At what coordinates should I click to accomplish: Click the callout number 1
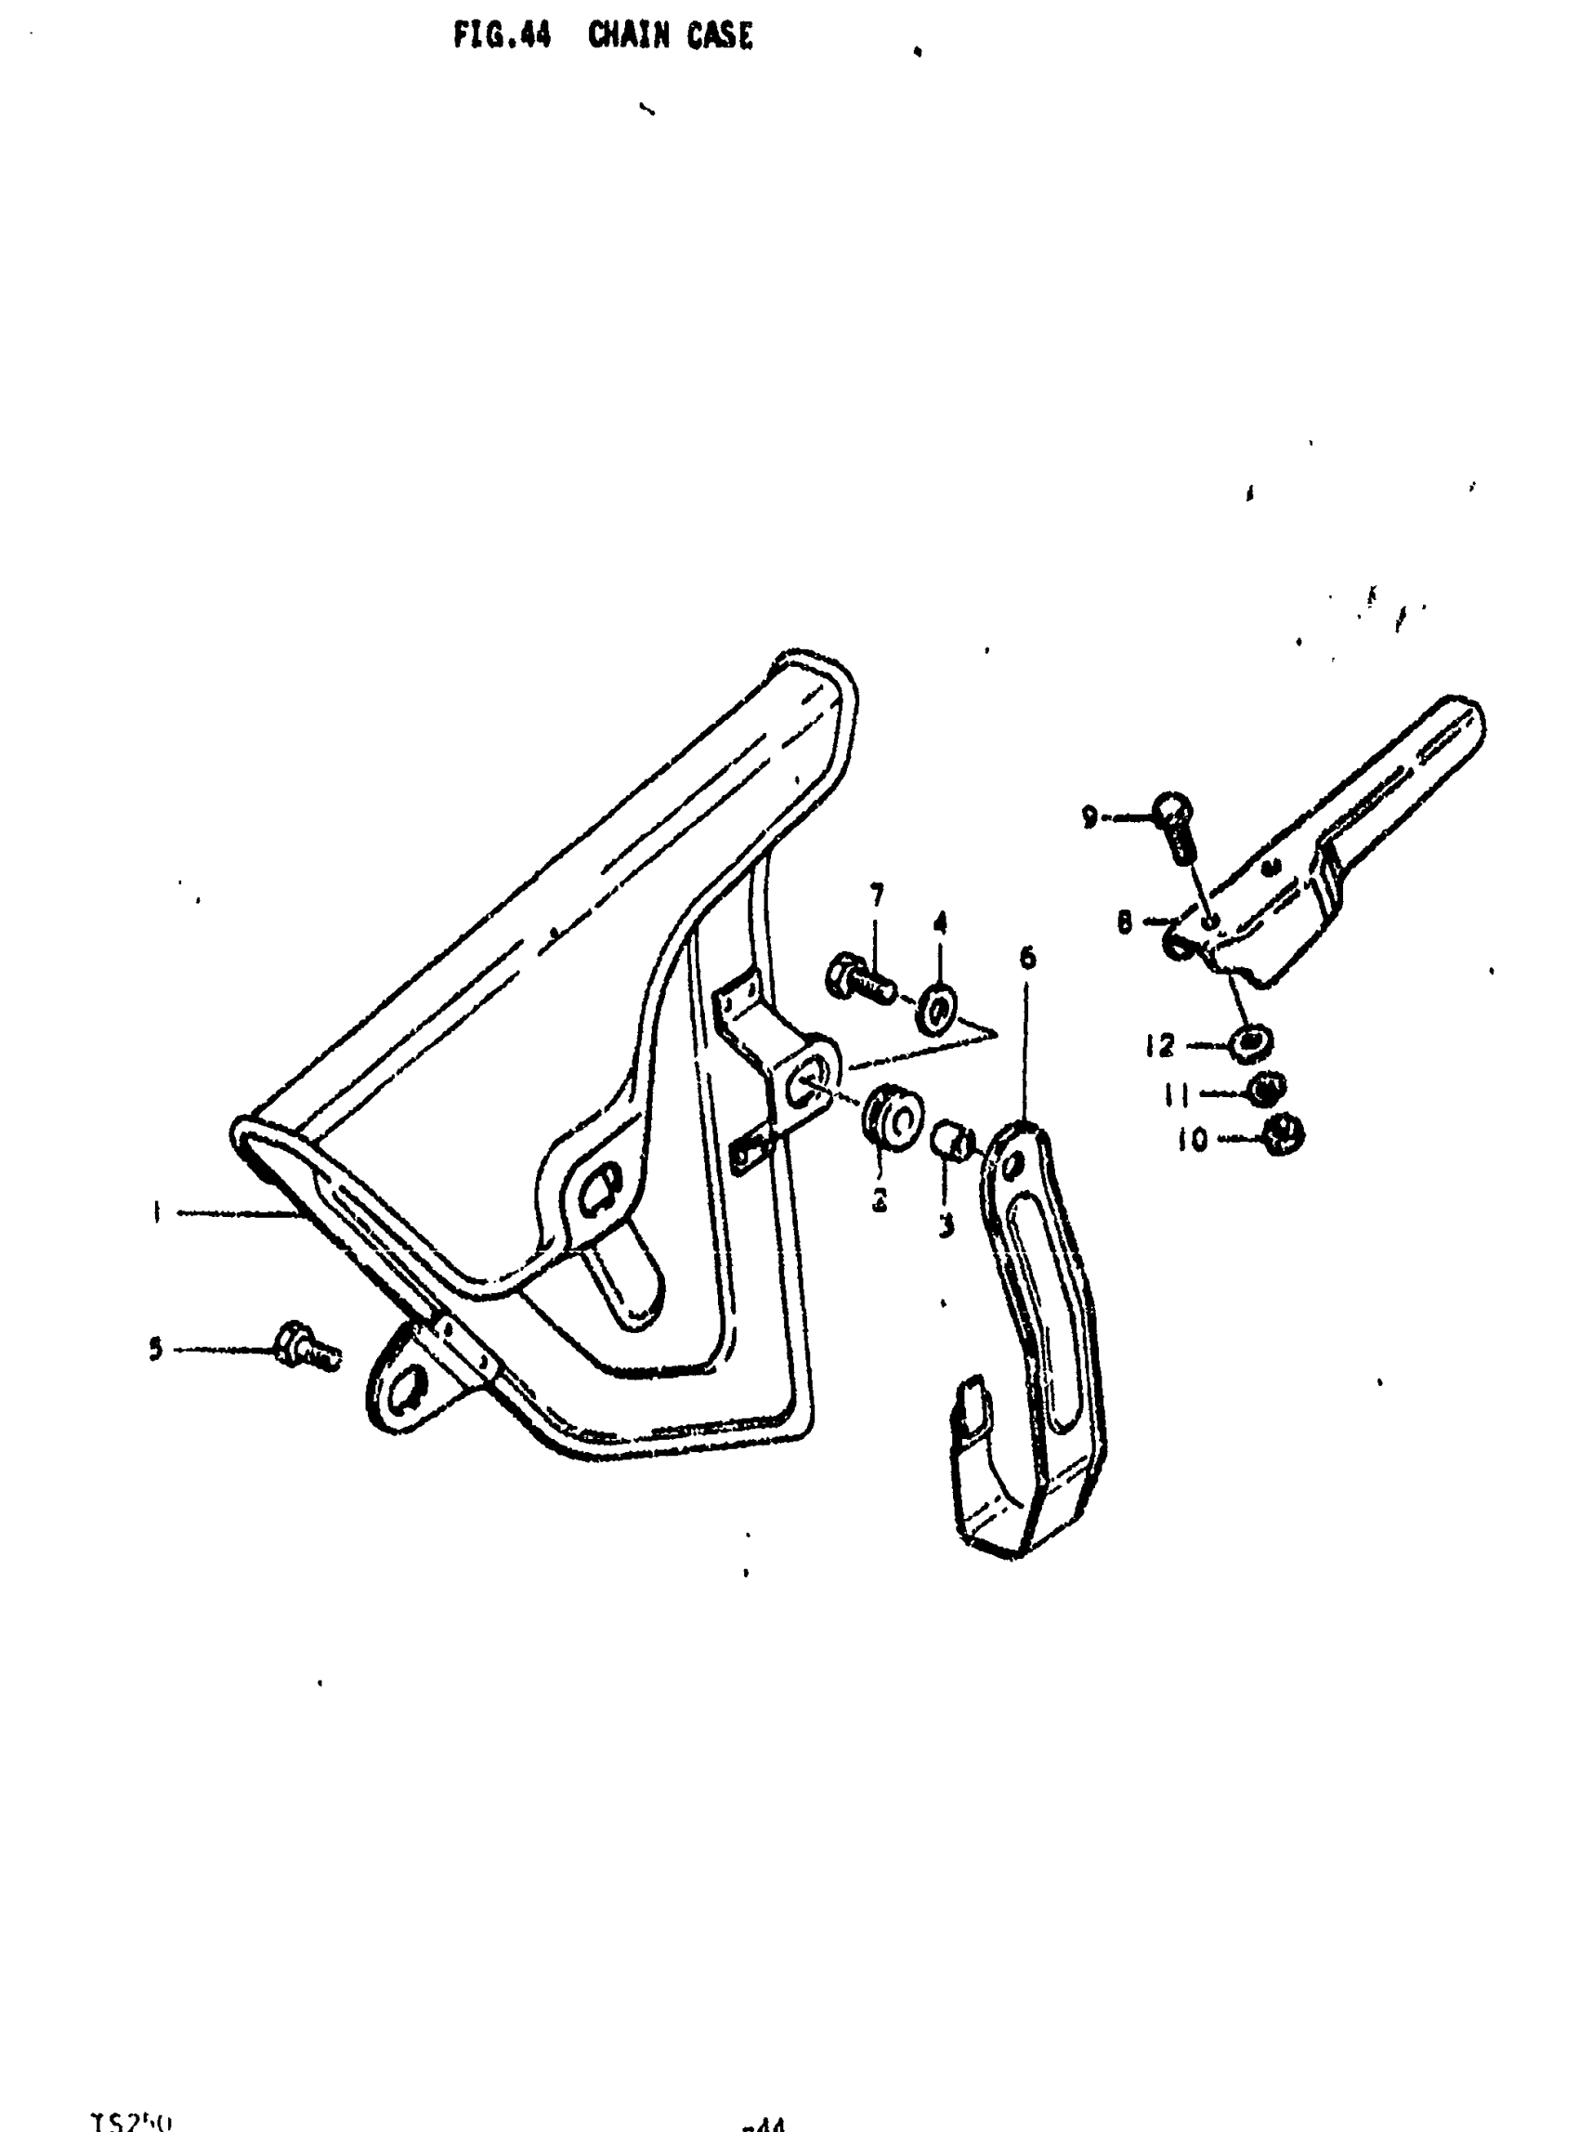pos(155,1213)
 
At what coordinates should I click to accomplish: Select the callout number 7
pos(877,896)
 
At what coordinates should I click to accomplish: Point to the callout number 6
pos(1027,958)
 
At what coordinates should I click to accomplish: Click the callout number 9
pos(1089,817)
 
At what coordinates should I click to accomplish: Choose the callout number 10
pos(1192,1140)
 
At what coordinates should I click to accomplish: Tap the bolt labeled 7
pos(858,977)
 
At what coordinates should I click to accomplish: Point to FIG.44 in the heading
pos(502,36)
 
